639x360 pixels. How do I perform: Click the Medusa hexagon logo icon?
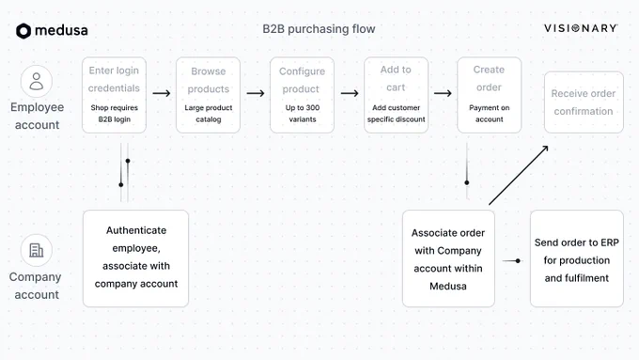pyautogui.click(x=23, y=31)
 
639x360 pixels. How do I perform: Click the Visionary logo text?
pyautogui.click(x=581, y=28)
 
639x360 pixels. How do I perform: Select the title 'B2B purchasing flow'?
pyautogui.click(x=319, y=29)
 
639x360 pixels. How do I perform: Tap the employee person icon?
pyautogui.click(x=37, y=81)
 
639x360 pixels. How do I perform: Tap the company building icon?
pyautogui.click(x=37, y=250)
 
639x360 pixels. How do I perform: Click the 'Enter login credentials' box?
pyautogui.click(x=114, y=95)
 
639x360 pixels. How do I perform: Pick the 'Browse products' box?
pyautogui.click(x=209, y=95)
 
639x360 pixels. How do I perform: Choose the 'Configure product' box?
pyautogui.click(x=302, y=95)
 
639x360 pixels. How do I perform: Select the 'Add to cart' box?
pyautogui.click(x=397, y=95)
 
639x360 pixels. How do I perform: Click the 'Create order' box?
pyautogui.click(x=489, y=95)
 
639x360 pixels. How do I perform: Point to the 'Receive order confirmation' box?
pyautogui.click(x=584, y=102)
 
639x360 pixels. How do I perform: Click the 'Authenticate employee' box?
pyautogui.click(x=135, y=258)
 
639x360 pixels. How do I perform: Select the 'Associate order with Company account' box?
pyautogui.click(x=448, y=258)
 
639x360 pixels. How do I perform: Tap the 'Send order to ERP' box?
pyautogui.click(x=577, y=258)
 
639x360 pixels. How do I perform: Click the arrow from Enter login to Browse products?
pyautogui.click(x=162, y=93)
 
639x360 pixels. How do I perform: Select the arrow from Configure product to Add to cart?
pyautogui.click(x=350, y=93)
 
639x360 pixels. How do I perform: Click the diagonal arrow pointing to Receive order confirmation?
pyautogui.click(x=519, y=176)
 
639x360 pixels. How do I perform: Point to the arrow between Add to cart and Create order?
pyautogui.click(x=443, y=93)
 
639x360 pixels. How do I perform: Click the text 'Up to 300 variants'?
pyautogui.click(x=303, y=114)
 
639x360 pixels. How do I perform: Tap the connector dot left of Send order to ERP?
pyautogui.click(x=518, y=261)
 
